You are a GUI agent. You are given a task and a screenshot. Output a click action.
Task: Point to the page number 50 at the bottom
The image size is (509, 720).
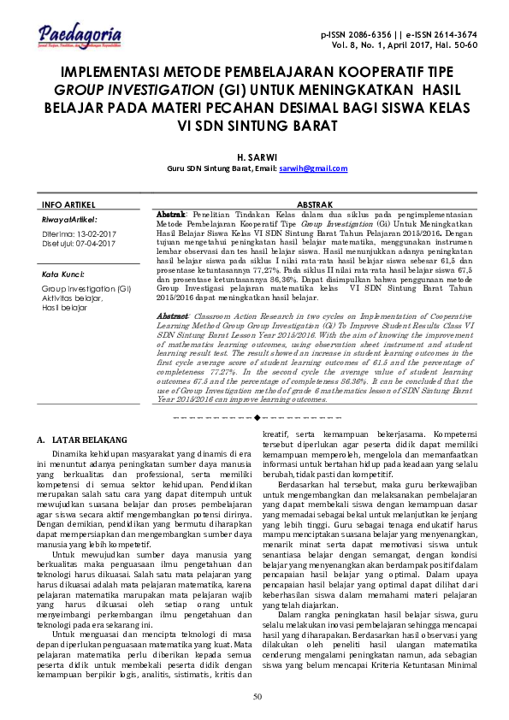click(x=257, y=695)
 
